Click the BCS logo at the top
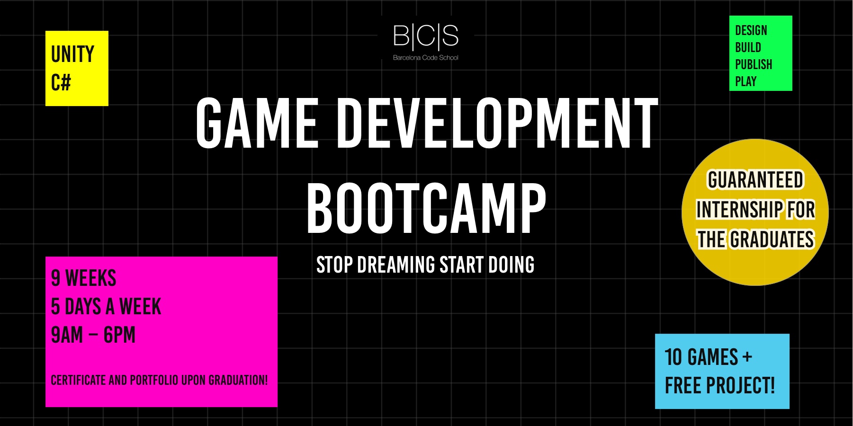[426, 36]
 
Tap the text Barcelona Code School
[426, 58]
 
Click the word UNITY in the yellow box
[72, 54]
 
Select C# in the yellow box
[61, 83]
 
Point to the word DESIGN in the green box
[751, 31]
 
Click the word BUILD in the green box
[748, 48]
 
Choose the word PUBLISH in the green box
[754, 64]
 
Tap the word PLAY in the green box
[746, 81]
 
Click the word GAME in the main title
[257, 123]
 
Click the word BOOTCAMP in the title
[426, 209]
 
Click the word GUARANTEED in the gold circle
[755, 180]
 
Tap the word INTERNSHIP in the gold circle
[739, 210]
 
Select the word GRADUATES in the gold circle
[772, 240]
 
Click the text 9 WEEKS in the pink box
[84, 278]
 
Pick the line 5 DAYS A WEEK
[106, 307]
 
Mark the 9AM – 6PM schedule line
[93, 335]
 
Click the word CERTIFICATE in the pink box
[79, 381]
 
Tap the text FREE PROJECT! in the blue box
[720, 386]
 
